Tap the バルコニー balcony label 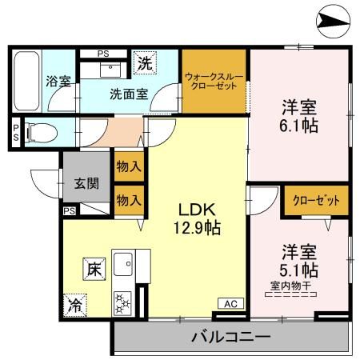[x=230, y=337]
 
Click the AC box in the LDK [x=230, y=303]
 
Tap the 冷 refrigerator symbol [x=74, y=304]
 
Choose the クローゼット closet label [x=316, y=200]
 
